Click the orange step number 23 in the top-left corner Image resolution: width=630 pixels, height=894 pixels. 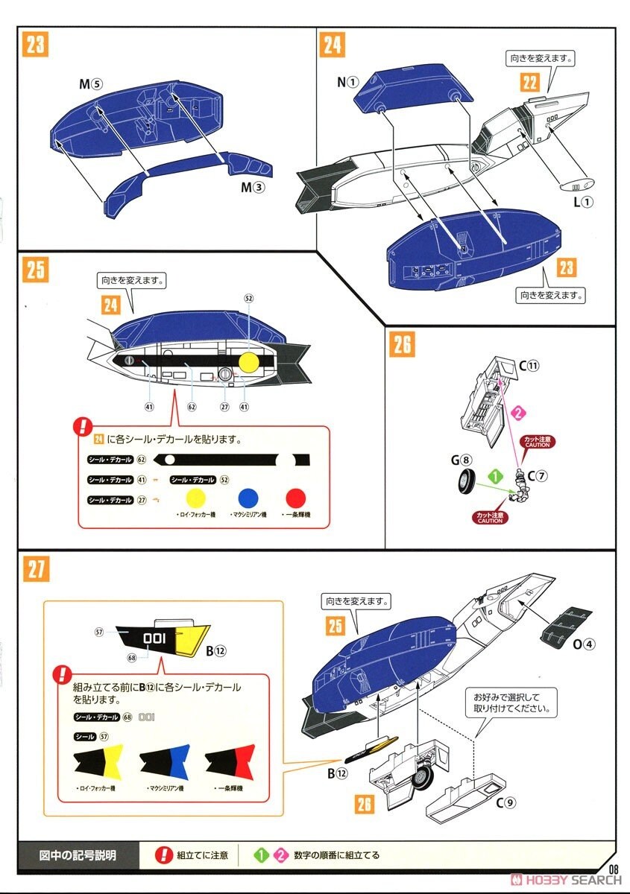(34, 45)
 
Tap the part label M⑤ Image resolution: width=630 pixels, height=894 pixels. (90, 84)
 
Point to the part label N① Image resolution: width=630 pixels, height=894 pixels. (347, 82)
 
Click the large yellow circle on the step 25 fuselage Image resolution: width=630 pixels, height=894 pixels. (248, 362)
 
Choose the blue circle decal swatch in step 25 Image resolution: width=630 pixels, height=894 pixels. (248, 498)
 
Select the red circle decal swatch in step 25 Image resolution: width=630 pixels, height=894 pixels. (296, 498)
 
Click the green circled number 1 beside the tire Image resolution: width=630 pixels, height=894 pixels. (491, 473)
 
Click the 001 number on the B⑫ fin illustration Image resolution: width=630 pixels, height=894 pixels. (154, 638)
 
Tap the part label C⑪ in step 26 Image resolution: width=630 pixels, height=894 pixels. (529, 366)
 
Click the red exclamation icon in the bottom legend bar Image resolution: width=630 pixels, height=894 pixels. (163, 855)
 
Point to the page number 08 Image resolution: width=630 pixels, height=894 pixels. (614, 869)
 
